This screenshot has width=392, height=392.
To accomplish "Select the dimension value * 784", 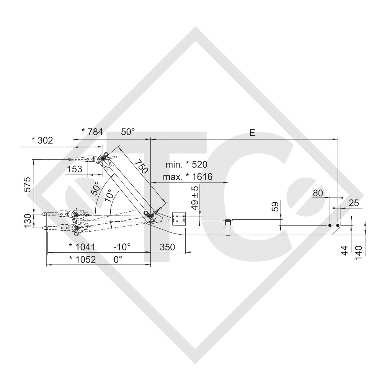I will click(92, 132).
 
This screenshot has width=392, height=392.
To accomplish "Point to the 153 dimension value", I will click(75, 169).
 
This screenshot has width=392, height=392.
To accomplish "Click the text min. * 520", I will click(186, 165).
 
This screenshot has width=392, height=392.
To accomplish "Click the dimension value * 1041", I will click(82, 247).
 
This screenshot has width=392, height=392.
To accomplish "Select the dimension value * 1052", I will click(82, 259).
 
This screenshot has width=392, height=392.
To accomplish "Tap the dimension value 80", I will click(318, 193).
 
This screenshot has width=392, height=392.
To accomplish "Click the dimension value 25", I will click(354, 203).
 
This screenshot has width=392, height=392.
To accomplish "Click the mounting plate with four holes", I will click(178, 219).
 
